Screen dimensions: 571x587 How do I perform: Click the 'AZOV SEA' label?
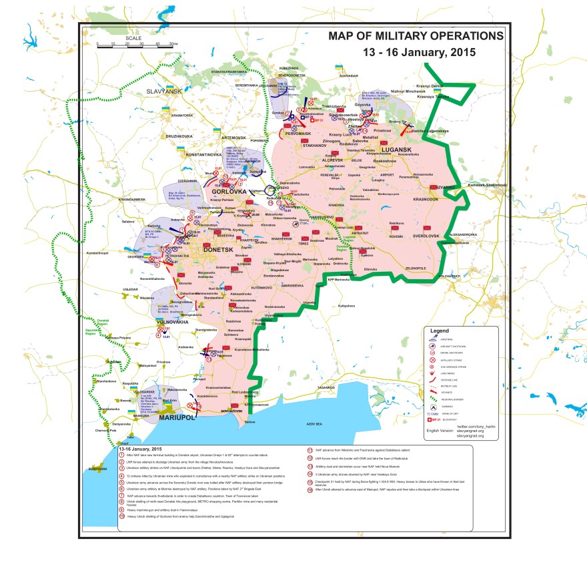pyautogui.click(x=314, y=424)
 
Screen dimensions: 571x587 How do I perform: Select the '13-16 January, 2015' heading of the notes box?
pyautogui.click(x=139, y=449)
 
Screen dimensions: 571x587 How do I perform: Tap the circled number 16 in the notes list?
pyautogui.click(x=310, y=509)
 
